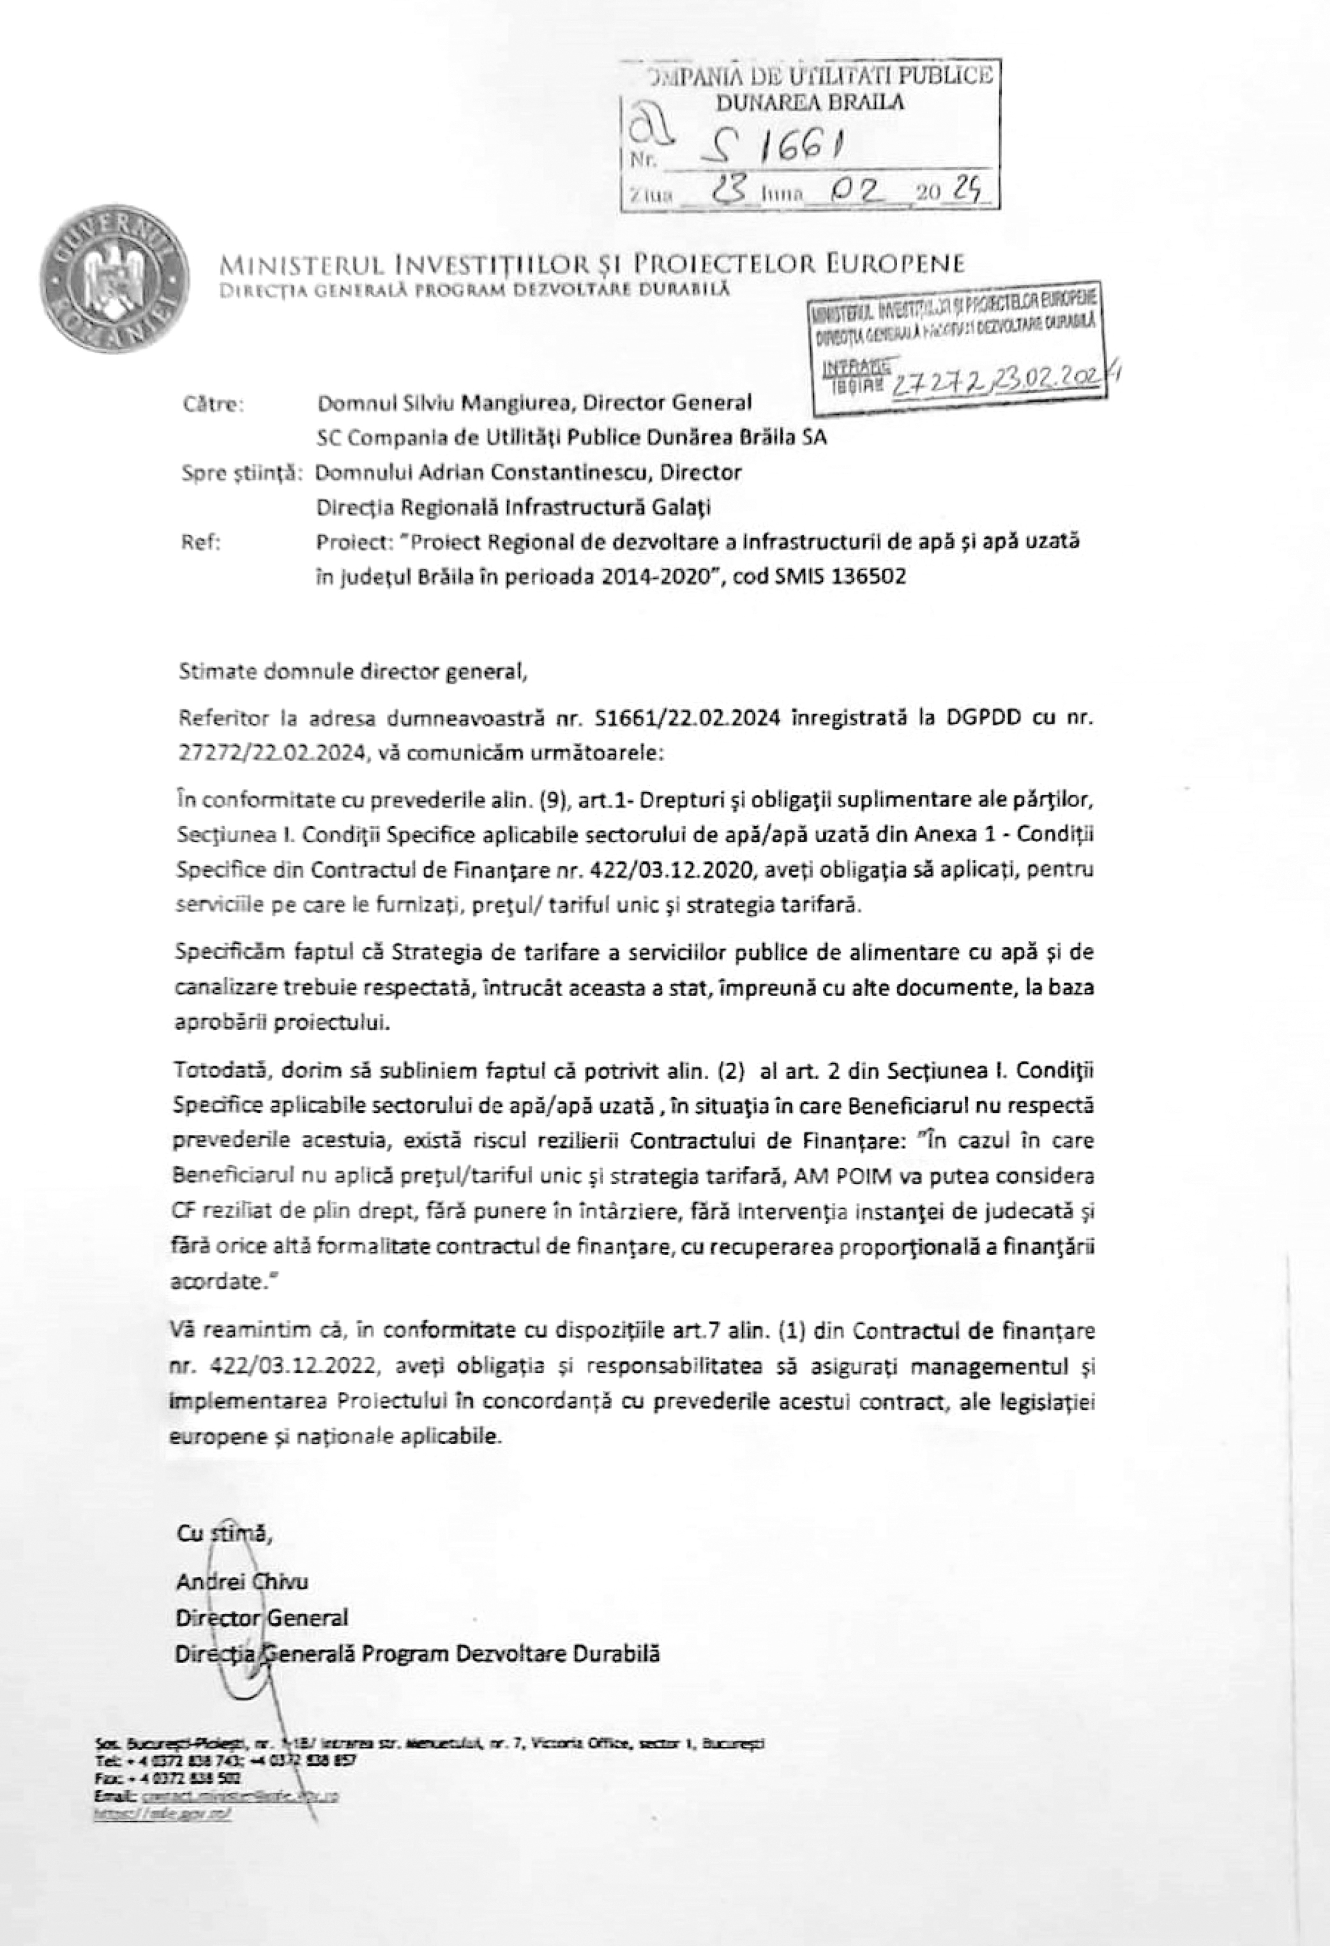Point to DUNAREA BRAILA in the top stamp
click(x=810, y=103)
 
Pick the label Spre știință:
click(x=240, y=473)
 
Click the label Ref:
click(x=201, y=543)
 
